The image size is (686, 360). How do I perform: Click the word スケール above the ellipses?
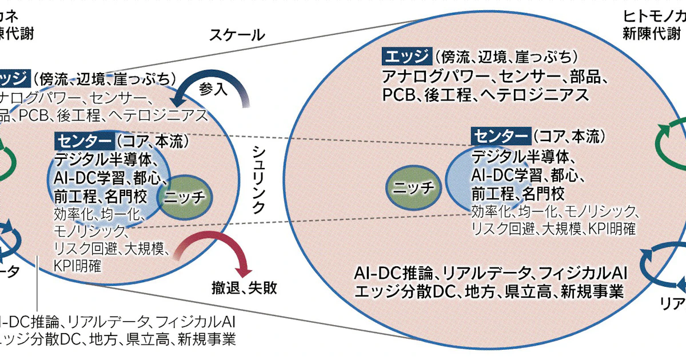(237, 35)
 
